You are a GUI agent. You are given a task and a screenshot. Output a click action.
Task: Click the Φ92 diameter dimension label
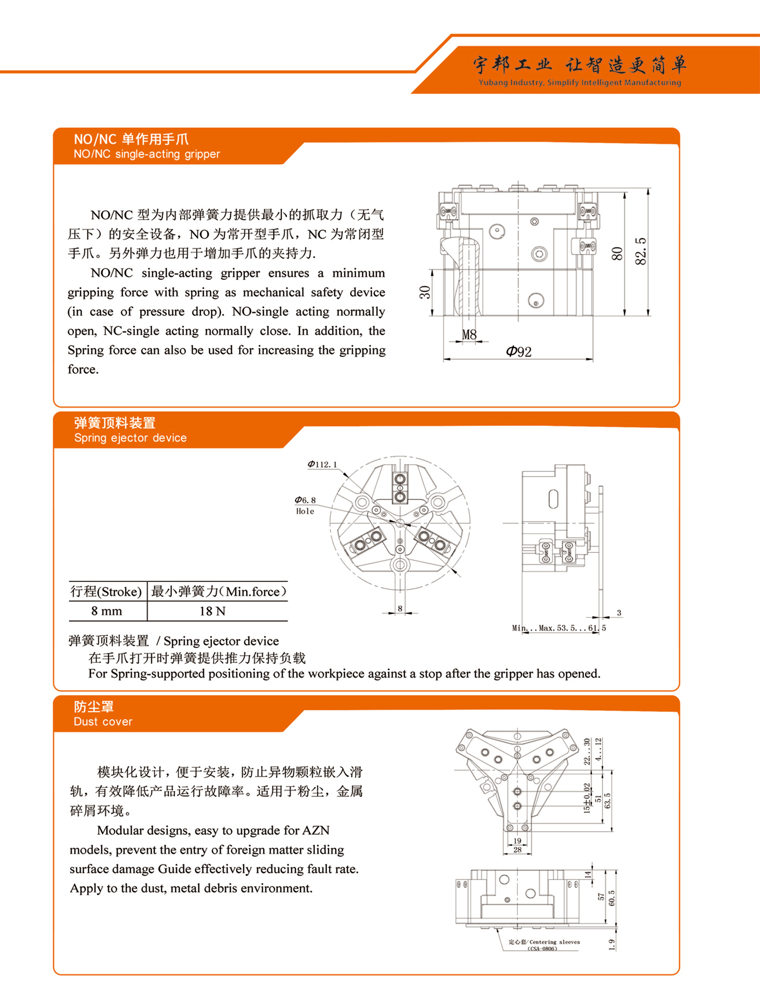tap(519, 352)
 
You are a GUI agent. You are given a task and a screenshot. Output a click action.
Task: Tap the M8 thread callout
tap(469, 335)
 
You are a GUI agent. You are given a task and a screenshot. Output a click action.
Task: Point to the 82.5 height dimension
tap(641, 251)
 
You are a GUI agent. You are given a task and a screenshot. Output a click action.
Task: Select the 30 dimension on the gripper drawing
tap(425, 292)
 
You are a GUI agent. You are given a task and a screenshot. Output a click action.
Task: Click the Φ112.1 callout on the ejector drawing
tap(322, 464)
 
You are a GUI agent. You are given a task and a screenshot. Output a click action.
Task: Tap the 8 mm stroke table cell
tap(107, 611)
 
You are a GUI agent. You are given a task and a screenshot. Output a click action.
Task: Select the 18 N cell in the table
tap(212, 611)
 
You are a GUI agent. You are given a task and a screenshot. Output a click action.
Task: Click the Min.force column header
tap(218, 592)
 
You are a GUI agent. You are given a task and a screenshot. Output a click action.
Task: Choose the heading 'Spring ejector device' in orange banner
tap(130, 438)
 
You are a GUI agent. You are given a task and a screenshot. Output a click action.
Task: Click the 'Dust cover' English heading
tap(103, 722)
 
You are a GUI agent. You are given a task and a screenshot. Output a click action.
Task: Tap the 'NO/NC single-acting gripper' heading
tap(147, 154)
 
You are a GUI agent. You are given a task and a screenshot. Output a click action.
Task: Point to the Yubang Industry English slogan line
tap(579, 83)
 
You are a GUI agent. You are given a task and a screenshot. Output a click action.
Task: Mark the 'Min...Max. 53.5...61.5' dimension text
tap(559, 628)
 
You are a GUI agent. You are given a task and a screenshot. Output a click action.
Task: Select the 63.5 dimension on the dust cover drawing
tap(608, 801)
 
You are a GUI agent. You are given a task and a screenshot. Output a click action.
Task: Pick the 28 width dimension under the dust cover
tap(517, 849)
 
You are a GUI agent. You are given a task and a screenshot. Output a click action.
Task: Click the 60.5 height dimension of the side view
tap(612, 898)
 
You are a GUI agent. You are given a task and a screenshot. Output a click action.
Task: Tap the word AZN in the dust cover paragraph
tap(315, 830)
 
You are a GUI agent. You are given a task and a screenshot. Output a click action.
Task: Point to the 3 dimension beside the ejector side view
tap(619, 613)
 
